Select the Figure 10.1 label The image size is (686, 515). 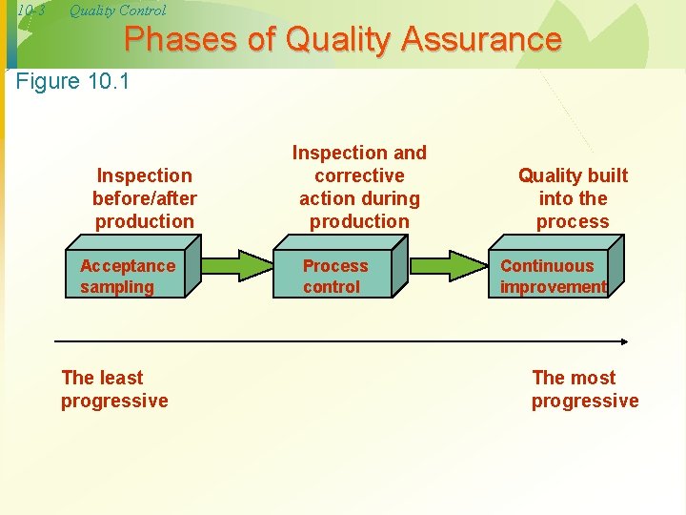(73, 81)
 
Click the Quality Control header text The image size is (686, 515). (117, 10)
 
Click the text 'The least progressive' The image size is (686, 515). (114, 389)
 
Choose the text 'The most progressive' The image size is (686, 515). (584, 389)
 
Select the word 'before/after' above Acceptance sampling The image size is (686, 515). (145, 198)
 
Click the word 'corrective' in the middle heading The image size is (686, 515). (359, 175)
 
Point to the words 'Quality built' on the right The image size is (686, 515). (573, 175)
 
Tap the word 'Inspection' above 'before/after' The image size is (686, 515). (145, 175)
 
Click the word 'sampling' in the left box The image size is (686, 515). (116, 287)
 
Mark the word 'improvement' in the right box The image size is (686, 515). (553, 287)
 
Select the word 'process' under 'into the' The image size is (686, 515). (573, 221)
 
